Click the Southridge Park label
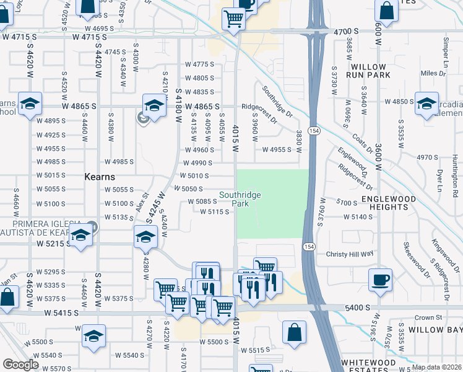240,199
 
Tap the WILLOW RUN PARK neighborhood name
369,71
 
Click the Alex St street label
141,202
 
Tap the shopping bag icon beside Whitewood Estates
295,331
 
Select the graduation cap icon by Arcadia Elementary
426,104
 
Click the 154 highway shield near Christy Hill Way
308,247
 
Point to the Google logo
20,365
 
